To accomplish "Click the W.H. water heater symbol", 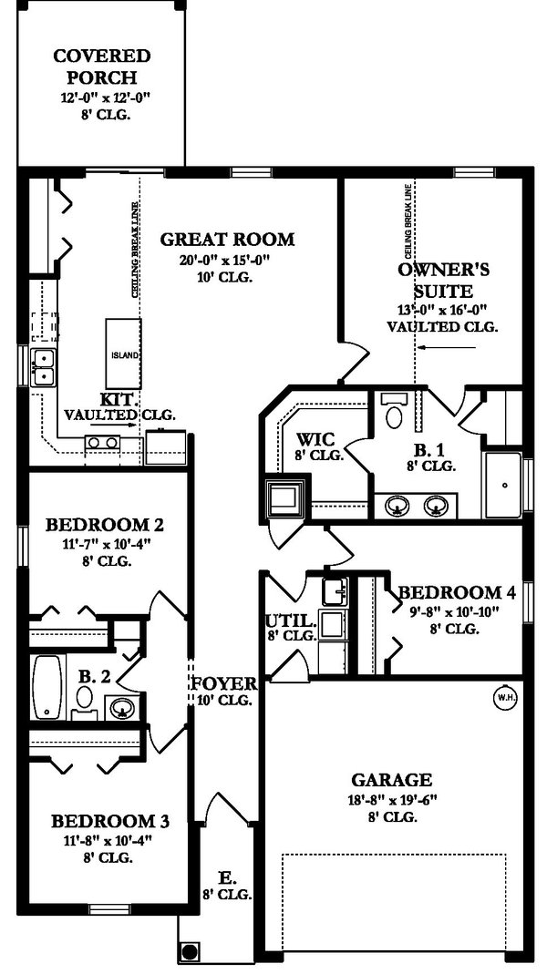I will pos(504,698).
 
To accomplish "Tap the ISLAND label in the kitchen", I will pos(125,355).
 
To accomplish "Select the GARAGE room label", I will pos(391,780).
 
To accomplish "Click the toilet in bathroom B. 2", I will pos(85,700).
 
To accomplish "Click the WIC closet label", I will pos(315,437).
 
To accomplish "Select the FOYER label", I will pos(222,683).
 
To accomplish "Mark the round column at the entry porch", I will pos(190,952).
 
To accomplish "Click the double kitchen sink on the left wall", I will pos(42,367).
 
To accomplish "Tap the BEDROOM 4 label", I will pos(457,592).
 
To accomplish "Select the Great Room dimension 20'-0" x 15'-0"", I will pos(227,260).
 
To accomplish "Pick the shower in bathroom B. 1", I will pos(502,483).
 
